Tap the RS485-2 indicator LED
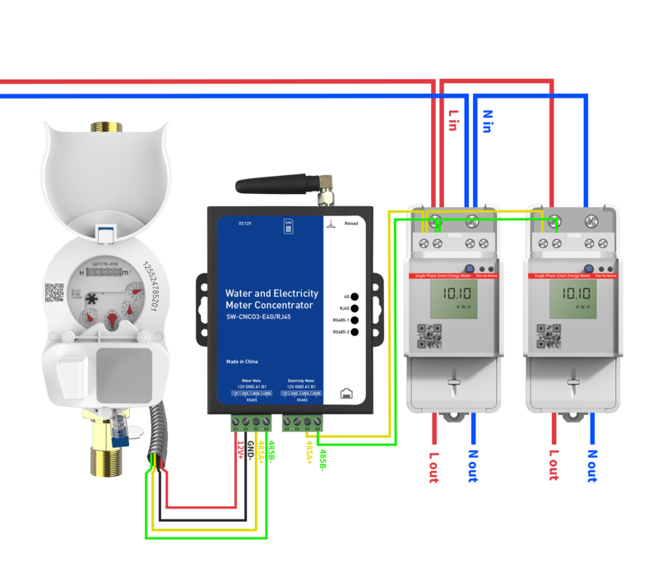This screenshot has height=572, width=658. (354, 332)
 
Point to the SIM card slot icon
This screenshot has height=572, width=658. (288, 222)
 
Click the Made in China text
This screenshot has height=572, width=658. (243, 362)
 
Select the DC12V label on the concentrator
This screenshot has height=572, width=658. (244, 223)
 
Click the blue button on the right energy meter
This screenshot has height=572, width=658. (591, 269)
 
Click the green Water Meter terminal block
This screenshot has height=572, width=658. (250, 424)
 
